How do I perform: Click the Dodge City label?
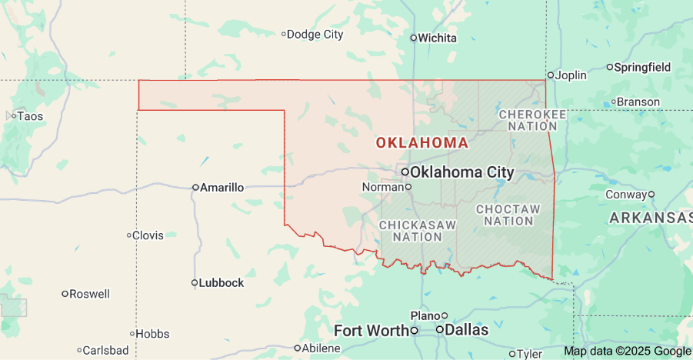pos(315,34)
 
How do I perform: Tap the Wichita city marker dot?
pos(413,38)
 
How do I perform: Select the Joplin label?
pos(571,75)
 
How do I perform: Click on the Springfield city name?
pos(642,67)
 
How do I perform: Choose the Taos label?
pos(29,116)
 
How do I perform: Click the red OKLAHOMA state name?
pos(421,142)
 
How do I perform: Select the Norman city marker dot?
pos(408,186)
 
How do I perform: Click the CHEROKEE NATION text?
pos(532,119)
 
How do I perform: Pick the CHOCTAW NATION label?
pos(508,215)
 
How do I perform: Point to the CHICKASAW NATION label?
pos(418,231)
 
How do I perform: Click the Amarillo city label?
pos(222,187)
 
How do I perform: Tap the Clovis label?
pos(148,235)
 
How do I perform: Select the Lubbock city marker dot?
pos(195,282)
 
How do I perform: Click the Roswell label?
pos(89,294)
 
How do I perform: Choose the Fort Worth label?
pos(371,330)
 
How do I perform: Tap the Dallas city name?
pos(467,329)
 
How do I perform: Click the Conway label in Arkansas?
pos(626,194)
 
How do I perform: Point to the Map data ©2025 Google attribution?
pos(627,351)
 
